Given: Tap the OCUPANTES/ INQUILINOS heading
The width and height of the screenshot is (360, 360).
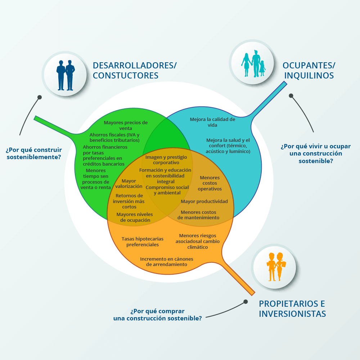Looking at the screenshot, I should point(309,70).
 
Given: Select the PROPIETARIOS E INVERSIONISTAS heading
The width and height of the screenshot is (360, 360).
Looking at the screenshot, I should point(292,309).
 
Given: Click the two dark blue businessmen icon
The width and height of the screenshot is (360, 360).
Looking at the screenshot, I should point(66,75).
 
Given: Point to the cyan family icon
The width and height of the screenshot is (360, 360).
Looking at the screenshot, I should point(253,63).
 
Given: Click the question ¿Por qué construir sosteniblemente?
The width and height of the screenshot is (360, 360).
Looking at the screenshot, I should point(34,153).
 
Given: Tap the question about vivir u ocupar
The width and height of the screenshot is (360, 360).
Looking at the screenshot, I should point(315,154).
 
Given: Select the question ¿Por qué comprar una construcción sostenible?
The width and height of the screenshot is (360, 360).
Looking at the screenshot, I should point(157,315).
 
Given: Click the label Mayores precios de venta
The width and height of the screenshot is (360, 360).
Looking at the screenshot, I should point(126,125).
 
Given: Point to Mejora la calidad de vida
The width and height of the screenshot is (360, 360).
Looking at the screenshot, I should point(212,122).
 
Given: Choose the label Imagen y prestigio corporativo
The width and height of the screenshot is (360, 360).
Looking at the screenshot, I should point(166,160).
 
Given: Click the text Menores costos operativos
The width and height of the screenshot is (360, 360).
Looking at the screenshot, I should point(210,183).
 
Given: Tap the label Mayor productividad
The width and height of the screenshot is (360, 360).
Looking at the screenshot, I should point(204,201).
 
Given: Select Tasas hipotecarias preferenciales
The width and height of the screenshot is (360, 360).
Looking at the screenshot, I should point(142,242).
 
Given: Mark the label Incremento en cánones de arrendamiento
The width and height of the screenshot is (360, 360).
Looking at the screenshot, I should point(167,262).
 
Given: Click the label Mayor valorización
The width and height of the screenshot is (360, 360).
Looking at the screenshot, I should point(129,184).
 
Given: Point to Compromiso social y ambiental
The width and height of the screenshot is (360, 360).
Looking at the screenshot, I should point(167,190).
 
